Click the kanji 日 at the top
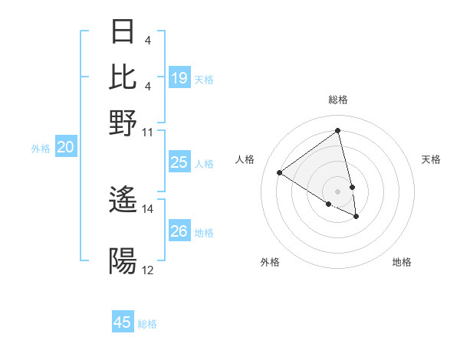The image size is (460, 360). (123, 33)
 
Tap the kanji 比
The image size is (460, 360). (123, 77)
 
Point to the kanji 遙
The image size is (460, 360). (123, 201)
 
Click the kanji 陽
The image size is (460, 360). (123, 261)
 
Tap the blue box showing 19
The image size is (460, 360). (179, 78)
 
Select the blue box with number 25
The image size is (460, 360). (179, 162)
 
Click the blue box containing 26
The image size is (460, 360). (179, 231)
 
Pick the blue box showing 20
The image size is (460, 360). (65, 148)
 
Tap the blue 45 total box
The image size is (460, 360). (123, 322)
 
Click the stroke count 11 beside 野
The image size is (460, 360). (148, 132)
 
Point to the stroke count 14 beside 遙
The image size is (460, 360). (148, 208)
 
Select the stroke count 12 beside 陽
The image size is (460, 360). (148, 270)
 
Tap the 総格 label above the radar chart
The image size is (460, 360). (337, 100)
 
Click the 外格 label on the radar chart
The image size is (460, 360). (270, 262)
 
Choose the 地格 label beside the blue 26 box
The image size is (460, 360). (205, 232)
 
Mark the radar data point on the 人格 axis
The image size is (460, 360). (280, 172)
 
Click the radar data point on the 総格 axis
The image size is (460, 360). (337, 131)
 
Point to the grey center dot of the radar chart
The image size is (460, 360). (337, 191)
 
